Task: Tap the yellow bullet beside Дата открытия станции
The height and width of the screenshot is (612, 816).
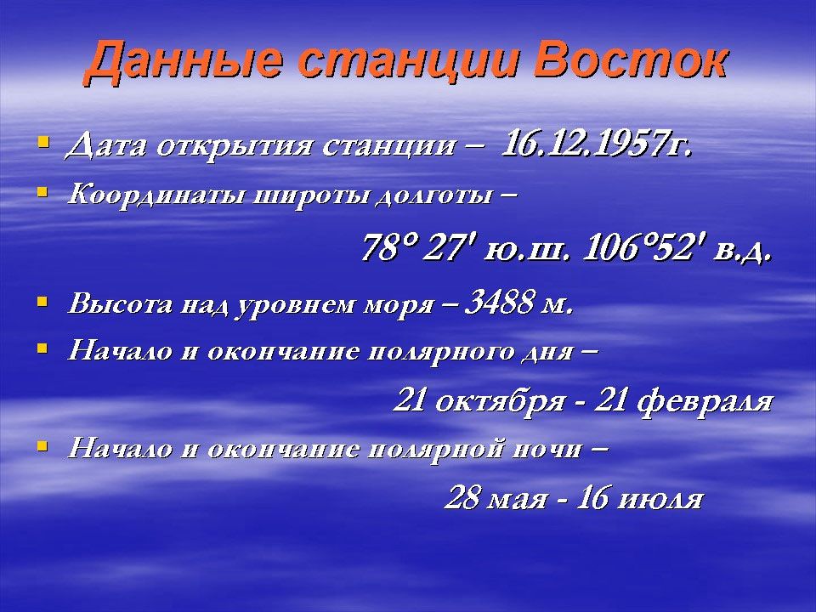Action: (43, 141)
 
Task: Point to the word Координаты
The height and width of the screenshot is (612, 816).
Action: (156, 195)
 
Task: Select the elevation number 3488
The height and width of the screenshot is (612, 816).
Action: (500, 302)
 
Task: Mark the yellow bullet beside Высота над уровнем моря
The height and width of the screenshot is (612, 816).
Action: (43, 301)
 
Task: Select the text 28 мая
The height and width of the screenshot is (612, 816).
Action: (496, 498)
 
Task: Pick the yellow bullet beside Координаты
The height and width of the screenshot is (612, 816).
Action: (43, 192)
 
